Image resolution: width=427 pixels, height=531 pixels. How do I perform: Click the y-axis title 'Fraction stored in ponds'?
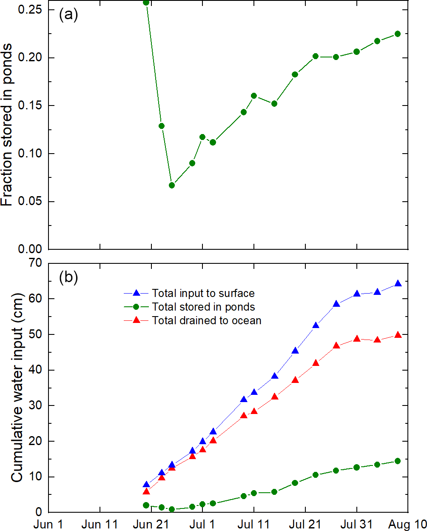tap(7, 125)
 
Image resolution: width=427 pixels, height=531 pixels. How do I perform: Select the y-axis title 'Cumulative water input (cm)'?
tap(17, 387)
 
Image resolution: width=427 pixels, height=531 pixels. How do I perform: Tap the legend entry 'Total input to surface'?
tap(203, 293)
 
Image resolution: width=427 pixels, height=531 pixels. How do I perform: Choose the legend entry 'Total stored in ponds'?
tap(203, 307)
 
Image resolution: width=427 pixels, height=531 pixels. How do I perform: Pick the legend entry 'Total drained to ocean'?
tap(207, 320)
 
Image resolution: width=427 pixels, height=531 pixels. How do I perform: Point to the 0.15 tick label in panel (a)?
tap(30, 106)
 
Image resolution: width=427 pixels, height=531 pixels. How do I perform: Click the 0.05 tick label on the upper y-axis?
tap(30, 201)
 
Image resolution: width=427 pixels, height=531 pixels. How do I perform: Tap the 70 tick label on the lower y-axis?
tap(35, 263)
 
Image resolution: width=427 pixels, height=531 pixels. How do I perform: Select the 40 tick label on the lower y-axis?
tap(35, 370)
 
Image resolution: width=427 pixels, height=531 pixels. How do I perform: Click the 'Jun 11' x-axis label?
tap(100, 524)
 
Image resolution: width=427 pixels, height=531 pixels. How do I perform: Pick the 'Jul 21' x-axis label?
tap(305, 524)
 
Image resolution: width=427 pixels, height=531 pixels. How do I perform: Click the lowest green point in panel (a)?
tap(172, 185)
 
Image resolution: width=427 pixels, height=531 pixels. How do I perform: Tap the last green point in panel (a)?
tap(398, 34)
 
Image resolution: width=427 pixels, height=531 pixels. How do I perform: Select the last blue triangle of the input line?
tap(398, 283)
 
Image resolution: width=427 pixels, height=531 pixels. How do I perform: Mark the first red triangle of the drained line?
tap(146, 491)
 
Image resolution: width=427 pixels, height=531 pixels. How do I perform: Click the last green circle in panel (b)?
tap(398, 461)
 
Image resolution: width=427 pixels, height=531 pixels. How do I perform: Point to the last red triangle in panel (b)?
tap(398, 335)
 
